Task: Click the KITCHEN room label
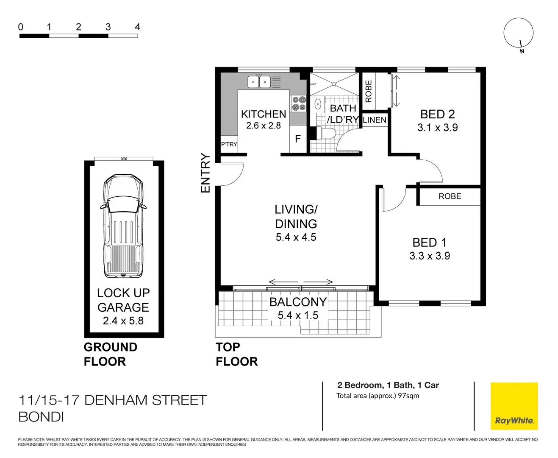263,114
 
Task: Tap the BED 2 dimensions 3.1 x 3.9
437,128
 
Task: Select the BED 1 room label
429,243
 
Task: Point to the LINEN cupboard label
375,120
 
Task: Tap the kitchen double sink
259,81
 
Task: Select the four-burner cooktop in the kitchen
298,103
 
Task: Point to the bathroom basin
318,104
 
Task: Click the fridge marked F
298,139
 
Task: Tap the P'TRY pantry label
229,144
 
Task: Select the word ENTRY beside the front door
205,173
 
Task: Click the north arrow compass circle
518,33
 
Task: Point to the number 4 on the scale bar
137,27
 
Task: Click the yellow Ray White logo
514,406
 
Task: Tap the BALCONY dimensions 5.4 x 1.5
298,316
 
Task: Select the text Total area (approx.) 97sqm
378,396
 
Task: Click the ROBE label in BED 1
450,196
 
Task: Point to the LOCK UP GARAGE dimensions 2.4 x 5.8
123,321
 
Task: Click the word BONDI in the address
41,417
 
